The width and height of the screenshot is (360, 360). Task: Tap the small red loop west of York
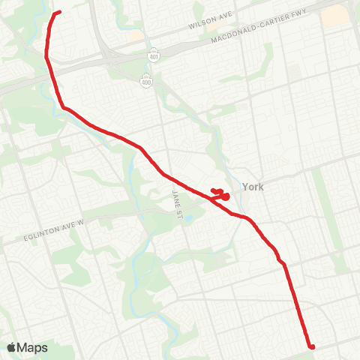(221, 194)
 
